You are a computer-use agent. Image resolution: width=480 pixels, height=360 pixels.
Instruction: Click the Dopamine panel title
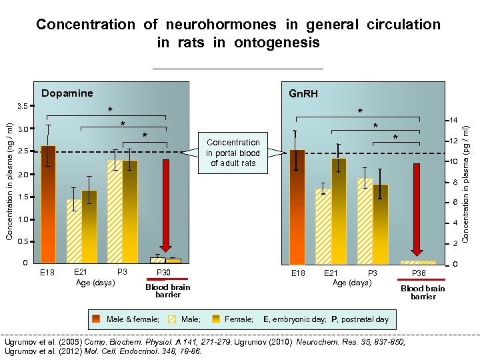coord(67,93)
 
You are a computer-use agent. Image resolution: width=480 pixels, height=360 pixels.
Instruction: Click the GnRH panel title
coord(302,94)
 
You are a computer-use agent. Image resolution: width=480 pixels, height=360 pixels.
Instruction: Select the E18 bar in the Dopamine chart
coord(48,203)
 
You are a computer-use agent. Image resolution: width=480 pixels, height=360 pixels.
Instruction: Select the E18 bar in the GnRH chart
coord(297,207)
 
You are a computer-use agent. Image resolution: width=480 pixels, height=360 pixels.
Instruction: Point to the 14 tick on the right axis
coord(452,121)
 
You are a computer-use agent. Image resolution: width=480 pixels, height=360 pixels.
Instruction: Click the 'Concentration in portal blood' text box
coord(233,152)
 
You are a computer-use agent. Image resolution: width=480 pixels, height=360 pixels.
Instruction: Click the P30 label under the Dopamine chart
coord(163,273)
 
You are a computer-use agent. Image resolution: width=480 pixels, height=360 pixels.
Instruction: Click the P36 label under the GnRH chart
coord(419,273)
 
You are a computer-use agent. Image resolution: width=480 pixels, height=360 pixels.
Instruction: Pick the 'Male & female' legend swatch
coord(97,319)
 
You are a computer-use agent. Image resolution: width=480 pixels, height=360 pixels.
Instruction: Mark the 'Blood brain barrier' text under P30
coord(167,291)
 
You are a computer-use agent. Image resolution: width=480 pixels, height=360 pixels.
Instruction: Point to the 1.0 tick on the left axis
coord(23,219)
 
